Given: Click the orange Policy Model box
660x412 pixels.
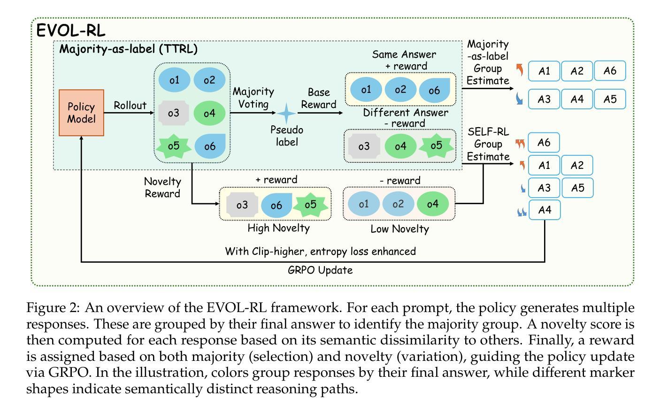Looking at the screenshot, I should pyautogui.click(x=81, y=113).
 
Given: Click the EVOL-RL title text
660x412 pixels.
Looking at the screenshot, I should pyautogui.click(x=71, y=31).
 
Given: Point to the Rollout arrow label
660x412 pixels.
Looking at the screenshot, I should pyautogui.click(x=130, y=106).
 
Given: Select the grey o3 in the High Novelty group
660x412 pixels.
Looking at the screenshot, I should pyautogui.click(x=242, y=205).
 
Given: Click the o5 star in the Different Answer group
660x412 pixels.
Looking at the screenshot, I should pyautogui.click(x=436, y=145).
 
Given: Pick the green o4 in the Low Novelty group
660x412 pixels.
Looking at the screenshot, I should pyautogui.click(x=432, y=204).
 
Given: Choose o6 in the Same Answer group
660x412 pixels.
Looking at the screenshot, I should pyautogui.click(x=434, y=90).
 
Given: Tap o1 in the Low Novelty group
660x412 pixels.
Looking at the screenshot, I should pyautogui.click(x=364, y=204).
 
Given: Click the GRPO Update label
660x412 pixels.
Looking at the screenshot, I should pyautogui.click(x=320, y=270).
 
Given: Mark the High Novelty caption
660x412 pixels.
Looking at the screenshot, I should pyautogui.click(x=279, y=228).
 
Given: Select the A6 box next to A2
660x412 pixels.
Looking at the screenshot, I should pyautogui.click(x=610, y=71).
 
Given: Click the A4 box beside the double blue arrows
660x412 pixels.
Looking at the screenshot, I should pyautogui.click(x=545, y=210).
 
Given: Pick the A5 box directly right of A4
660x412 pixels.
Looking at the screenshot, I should pyautogui.click(x=610, y=99).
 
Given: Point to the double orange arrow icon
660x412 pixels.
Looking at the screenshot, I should pyautogui.click(x=520, y=143).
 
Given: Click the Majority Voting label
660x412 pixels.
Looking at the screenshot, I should pyautogui.click(x=253, y=98).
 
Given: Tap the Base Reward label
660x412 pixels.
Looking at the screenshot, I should pyautogui.click(x=319, y=99).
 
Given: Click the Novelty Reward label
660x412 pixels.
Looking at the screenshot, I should pyautogui.click(x=162, y=187).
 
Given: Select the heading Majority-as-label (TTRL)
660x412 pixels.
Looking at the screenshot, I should pyautogui.click(x=128, y=49).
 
